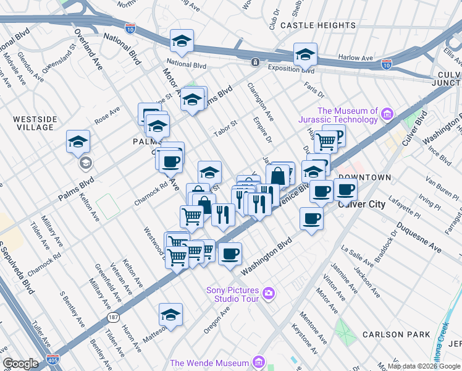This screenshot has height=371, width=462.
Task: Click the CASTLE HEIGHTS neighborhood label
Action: pos(318,25)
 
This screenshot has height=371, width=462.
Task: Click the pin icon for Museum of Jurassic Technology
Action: pos(387,114)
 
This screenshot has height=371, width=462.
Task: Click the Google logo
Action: pos(20,364)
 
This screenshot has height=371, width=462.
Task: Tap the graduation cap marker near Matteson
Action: pos(170,315)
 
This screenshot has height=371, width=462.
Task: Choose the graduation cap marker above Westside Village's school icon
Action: pos(78,142)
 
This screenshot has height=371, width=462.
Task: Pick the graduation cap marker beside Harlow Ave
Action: pos(305,55)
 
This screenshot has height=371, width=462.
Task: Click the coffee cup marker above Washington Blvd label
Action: pos(230,254)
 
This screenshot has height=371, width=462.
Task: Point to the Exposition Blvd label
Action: pos(290,70)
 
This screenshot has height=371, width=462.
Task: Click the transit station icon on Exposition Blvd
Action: pos(254,62)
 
